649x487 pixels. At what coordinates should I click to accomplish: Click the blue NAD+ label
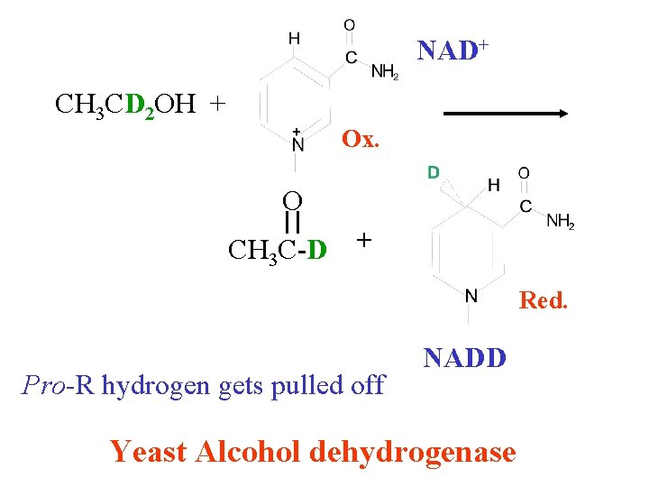pyautogui.click(x=452, y=51)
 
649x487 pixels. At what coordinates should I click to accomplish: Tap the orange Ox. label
pyautogui.click(x=360, y=139)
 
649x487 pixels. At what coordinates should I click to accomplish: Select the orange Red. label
pyautogui.click(x=543, y=300)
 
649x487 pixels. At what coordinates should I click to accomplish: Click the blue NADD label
pyautogui.click(x=464, y=358)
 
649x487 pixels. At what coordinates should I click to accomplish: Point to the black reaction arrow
pyautogui.click(x=506, y=114)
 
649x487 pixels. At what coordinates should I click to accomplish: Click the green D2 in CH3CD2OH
pyautogui.click(x=140, y=106)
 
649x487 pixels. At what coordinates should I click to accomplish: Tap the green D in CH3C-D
pyautogui.click(x=317, y=250)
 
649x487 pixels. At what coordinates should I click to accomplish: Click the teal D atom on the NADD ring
pyautogui.click(x=433, y=172)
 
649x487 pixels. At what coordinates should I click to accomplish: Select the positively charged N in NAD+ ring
pyautogui.click(x=297, y=142)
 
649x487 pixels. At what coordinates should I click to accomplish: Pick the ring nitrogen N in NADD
pyautogui.click(x=471, y=296)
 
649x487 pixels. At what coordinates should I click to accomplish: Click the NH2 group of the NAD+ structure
pyautogui.click(x=385, y=71)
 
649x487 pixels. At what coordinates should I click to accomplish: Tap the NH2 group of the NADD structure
pyautogui.click(x=561, y=221)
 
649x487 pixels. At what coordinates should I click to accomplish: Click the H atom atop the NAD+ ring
pyautogui.click(x=294, y=39)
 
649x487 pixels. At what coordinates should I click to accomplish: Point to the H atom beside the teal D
pyautogui.click(x=493, y=185)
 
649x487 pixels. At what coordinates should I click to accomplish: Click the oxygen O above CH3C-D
pyautogui.click(x=292, y=201)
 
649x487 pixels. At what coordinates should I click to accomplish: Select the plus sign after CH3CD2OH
pyautogui.click(x=218, y=104)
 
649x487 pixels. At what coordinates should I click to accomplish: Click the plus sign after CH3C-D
pyautogui.click(x=364, y=240)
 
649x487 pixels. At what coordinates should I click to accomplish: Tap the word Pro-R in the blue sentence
pyautogui.click(x=58, y=385)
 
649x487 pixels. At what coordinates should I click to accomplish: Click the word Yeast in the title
pyautogui.click(x=148, y=452)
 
